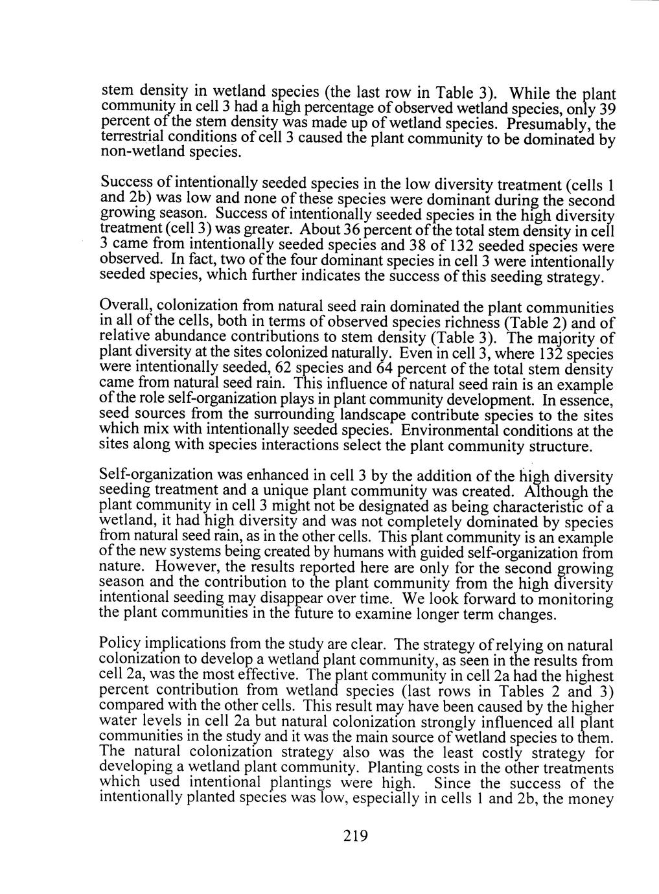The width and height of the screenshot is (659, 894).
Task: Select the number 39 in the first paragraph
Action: click(601, 109)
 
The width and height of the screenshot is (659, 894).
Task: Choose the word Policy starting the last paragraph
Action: click(119, 645)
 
